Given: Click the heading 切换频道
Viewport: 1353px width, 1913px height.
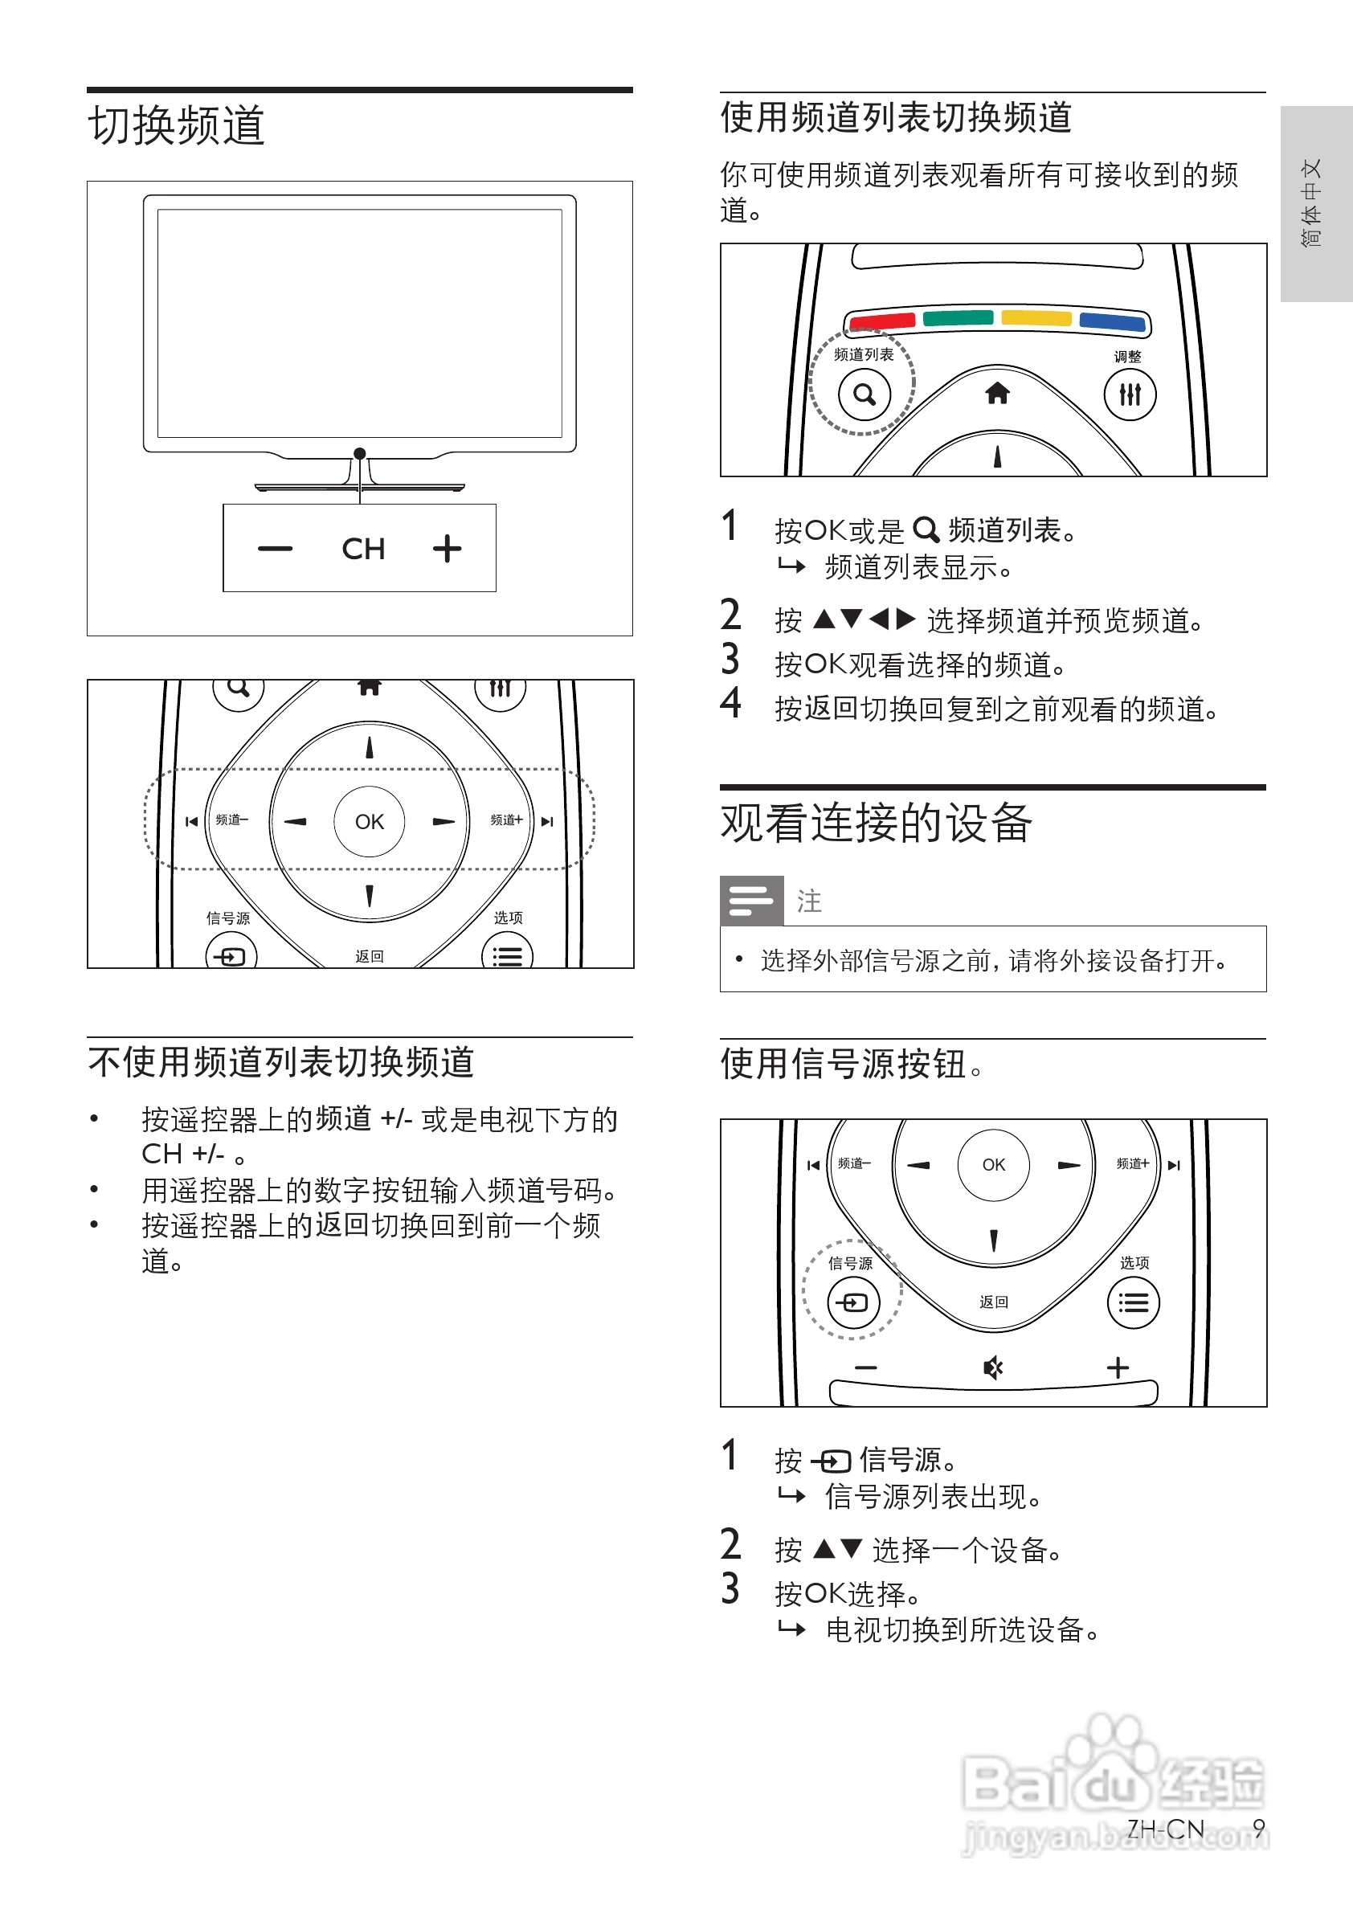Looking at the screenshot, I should [176, 126].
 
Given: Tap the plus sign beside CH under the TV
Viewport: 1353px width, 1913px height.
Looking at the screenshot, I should [448, 548].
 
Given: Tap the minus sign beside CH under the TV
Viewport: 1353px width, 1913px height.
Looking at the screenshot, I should [275, 548].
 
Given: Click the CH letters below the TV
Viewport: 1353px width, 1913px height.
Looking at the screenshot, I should [363, 549].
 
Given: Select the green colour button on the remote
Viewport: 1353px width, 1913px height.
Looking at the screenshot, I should [958, 317].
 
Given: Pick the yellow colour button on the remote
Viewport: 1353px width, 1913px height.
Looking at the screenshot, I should [1036, 317].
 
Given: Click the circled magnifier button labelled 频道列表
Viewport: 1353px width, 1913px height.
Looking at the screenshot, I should [864, 394].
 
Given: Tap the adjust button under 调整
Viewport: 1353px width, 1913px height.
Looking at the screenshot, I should [1130, 394].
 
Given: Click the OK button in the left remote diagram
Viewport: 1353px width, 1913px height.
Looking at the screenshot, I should [369, 822].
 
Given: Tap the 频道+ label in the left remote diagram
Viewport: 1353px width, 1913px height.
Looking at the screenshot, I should [505, 820].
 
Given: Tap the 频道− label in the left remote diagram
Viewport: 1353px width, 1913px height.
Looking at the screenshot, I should [231, 820].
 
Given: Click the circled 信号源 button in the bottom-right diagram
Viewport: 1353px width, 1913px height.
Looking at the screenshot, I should [853, 1302].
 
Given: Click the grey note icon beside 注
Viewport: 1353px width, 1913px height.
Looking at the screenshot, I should [751, 901].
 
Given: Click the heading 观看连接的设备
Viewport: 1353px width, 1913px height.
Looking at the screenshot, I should [876, 824].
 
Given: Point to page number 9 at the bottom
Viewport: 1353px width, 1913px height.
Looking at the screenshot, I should [1259, 1828].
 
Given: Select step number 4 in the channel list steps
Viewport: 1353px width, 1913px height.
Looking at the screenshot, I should [730, 703].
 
